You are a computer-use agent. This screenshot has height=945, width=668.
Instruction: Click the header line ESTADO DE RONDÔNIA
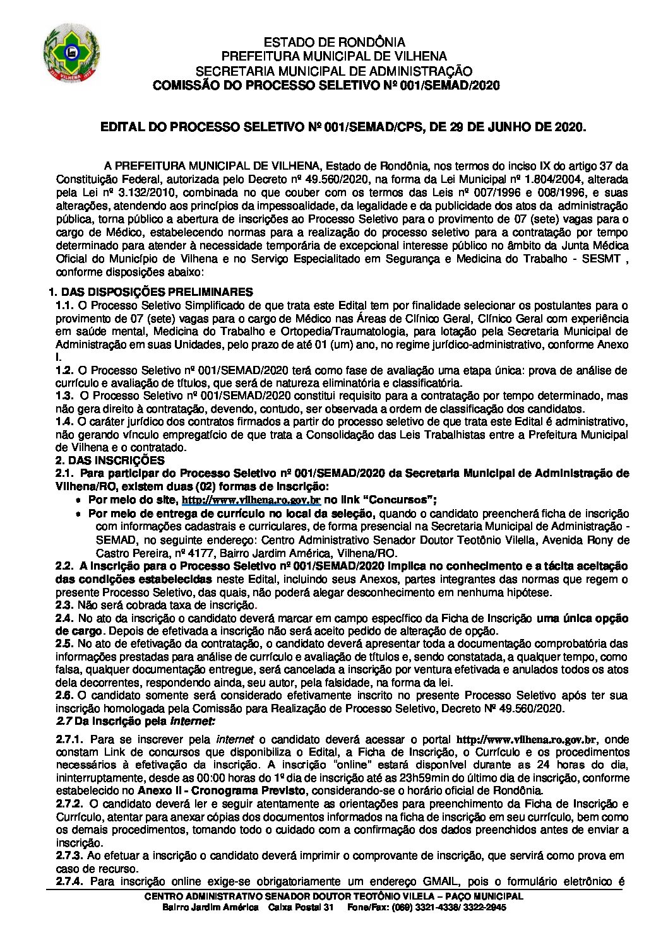tap(334, 43)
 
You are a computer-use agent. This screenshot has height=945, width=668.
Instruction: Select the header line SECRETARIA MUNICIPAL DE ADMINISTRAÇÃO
tap(334, 71)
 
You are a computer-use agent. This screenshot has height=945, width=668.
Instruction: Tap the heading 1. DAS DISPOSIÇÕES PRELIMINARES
tap(152, 291)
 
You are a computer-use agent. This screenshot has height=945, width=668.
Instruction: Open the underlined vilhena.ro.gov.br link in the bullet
tap(251, 499)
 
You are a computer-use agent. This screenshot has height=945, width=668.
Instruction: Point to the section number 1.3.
tap(63, 396)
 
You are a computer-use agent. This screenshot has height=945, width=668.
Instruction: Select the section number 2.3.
tap(63, 605)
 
